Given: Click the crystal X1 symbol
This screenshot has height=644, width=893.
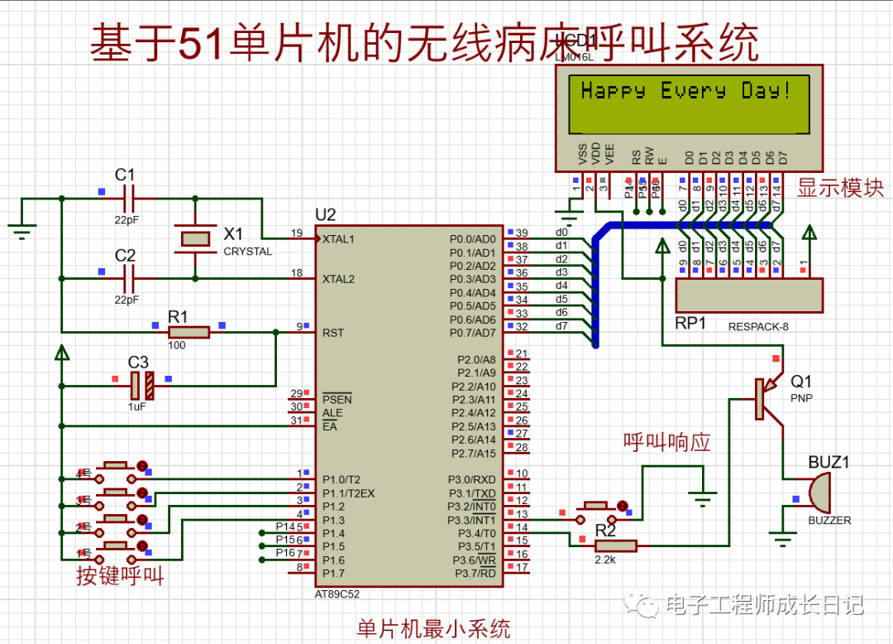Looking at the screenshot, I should coord(195,238).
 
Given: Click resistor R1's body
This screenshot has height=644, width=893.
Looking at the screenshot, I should coord(189,332).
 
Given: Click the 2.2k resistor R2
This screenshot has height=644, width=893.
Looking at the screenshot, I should coord(616,545).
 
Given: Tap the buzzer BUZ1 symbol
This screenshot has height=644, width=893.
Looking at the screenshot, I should coord(819,493).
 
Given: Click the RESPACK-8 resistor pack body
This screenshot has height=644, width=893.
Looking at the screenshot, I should coord(749,296).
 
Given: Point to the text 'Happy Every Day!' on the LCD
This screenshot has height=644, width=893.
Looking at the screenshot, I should coord(685,91).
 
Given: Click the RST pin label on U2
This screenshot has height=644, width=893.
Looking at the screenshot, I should coord(333,333).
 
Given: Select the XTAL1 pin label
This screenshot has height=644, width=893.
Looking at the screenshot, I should coord(339,238).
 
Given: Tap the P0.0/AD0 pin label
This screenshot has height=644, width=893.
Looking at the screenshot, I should coord(472,239).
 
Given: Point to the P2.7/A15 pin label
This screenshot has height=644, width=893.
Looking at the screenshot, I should coord(473,453).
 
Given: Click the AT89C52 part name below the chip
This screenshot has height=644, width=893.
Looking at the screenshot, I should coord(337,594).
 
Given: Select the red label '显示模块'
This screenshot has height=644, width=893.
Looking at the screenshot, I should coord(840,188).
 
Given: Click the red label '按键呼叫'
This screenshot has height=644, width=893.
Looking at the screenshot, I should coord(120,576).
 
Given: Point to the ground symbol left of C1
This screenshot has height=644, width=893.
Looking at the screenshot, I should coord(22,230).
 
